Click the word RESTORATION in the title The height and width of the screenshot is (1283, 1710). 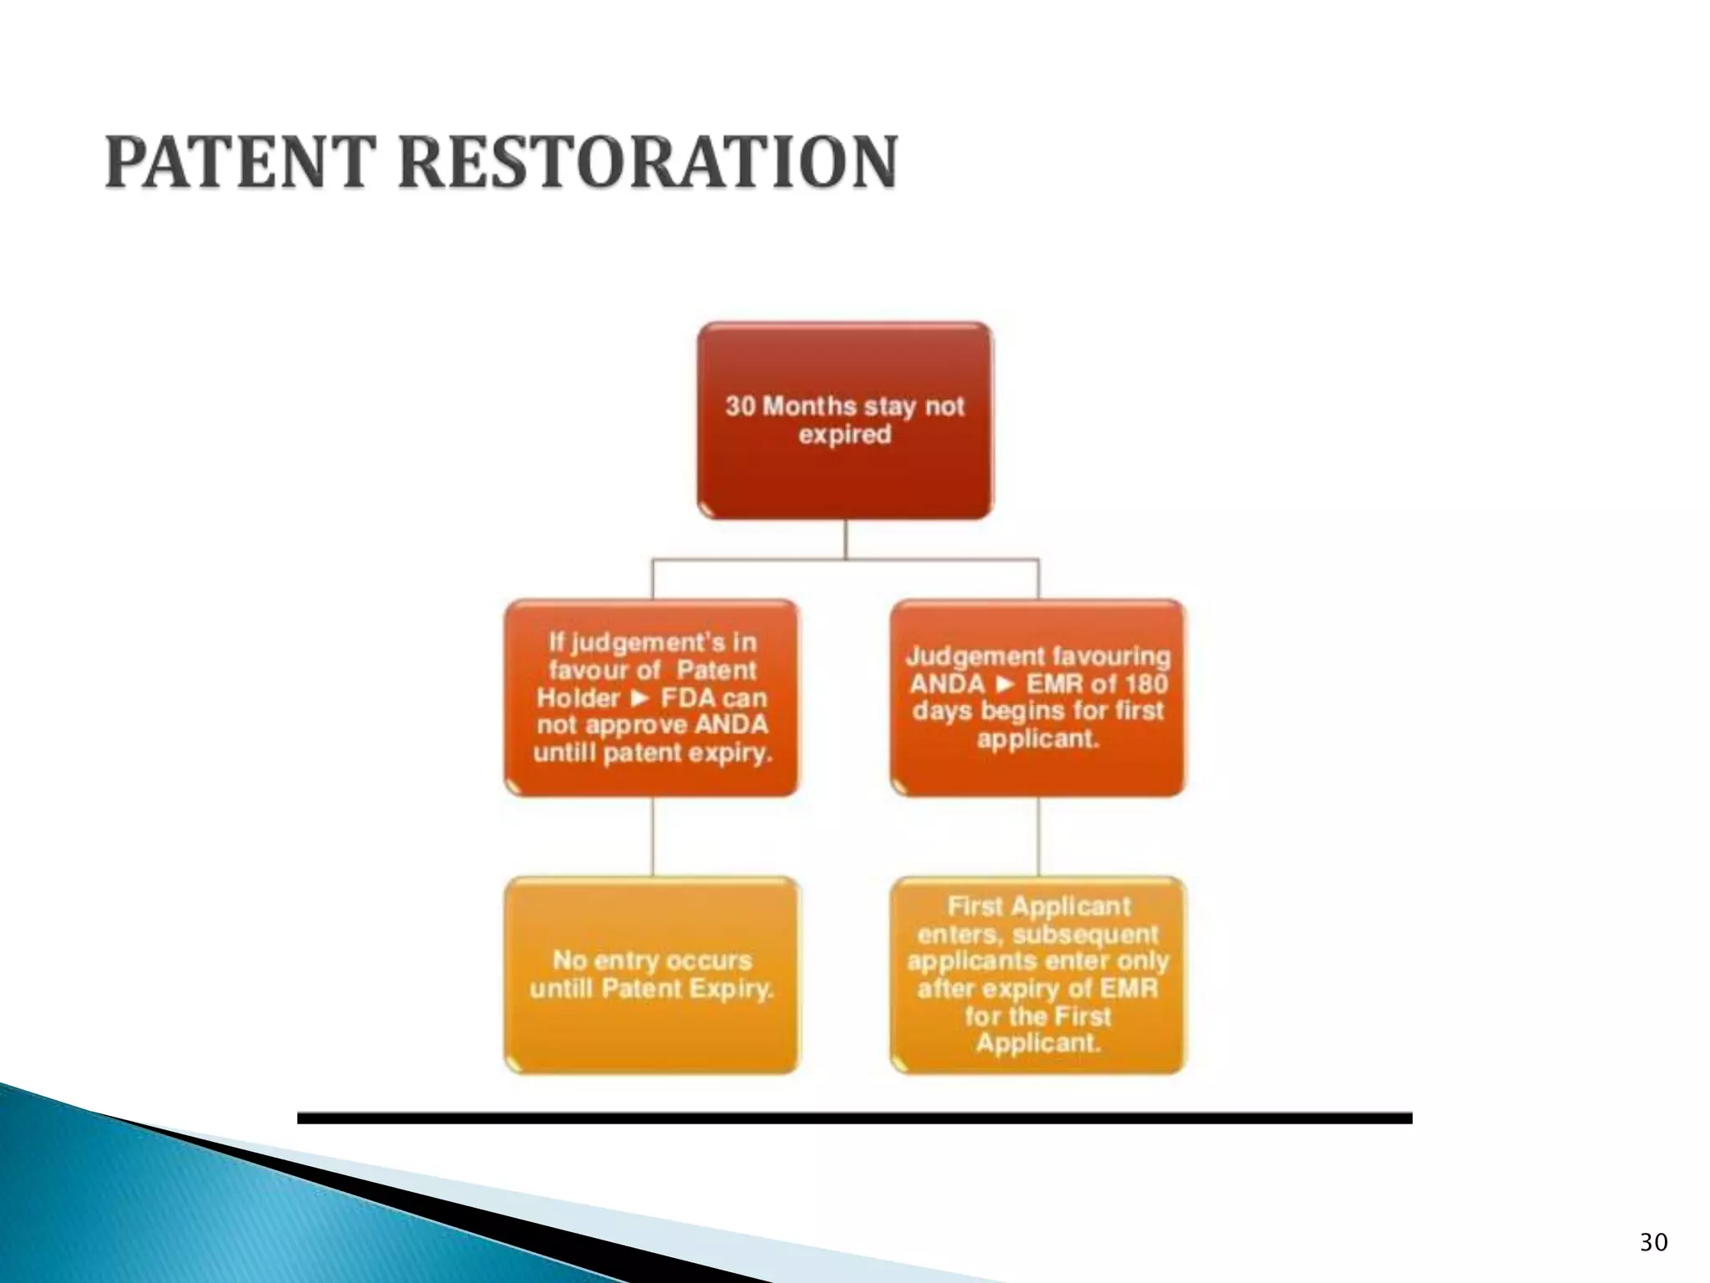(648, 162)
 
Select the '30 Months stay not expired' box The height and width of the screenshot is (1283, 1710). (845, 420)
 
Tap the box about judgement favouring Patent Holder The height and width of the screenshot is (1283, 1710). (651, 697)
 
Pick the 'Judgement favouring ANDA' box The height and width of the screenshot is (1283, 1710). (1038, 697)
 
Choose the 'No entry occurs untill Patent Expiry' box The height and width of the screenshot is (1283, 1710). (651, 975)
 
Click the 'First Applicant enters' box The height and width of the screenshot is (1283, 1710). (1038, 975)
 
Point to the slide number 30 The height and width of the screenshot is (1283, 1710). (1653, 1242)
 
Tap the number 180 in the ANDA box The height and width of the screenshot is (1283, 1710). (1146, 684)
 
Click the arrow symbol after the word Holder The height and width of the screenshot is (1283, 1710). (640, 697)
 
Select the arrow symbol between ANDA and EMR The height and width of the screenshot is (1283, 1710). (1006, 684)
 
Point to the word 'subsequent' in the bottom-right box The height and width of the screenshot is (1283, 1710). (1084, 934)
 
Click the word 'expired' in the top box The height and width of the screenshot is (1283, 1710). (845, 434)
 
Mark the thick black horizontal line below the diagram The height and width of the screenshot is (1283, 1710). (854, 1118)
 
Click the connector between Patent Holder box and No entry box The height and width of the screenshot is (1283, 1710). (652, 836)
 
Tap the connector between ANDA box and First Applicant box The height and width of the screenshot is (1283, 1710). (1039, 836)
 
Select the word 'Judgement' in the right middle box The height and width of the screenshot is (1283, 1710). (968, 657)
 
